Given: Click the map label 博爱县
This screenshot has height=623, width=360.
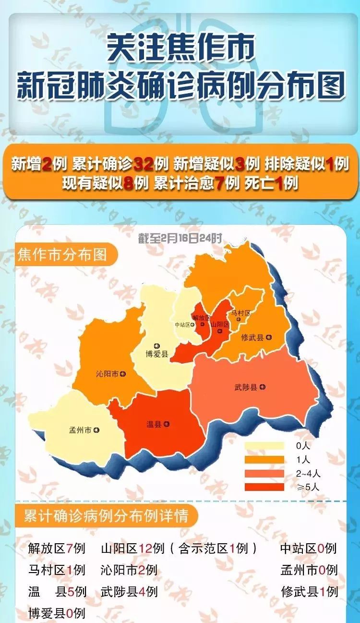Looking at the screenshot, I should [x=157, y=354].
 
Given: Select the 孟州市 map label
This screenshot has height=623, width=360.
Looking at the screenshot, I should [x=81, y=430].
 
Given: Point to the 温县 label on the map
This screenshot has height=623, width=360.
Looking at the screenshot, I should [x=154, y=424].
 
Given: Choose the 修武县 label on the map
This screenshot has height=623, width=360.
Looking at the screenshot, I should [x=252, y=338].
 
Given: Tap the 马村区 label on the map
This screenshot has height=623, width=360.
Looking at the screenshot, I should [x=240, y=313].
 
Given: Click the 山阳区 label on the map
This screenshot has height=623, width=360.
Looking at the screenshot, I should [x=219, y=324].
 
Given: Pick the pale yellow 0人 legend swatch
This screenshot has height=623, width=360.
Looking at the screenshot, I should [x=264, y=446].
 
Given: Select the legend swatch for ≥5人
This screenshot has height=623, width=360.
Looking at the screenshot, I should [x=264, y=487].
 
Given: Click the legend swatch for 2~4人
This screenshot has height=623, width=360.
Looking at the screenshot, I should [x=264, y=473].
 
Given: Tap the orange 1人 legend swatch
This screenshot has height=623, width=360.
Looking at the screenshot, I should [x=264, y=460].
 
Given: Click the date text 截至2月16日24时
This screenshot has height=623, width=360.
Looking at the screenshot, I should [x=180, y=238].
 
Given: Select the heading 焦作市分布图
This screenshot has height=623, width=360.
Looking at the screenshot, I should [x=62, y=254].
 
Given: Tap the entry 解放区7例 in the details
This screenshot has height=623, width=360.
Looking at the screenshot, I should [x=57, y=548].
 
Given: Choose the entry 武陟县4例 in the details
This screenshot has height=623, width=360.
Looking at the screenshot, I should [x=129, y=591].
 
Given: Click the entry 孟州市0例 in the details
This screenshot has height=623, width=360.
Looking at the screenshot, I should [x=309, y=570].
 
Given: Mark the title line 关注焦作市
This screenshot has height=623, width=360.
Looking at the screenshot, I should [x=180, y=48].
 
